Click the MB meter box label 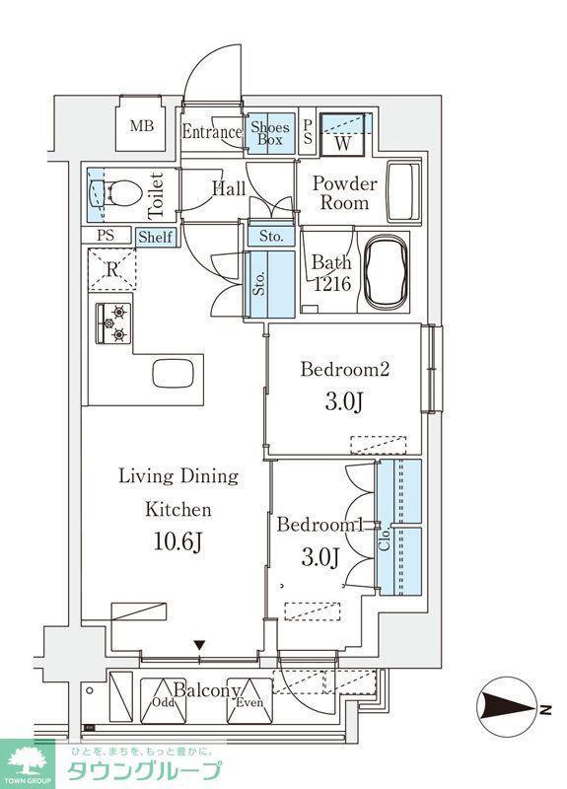click(x=142, y=126)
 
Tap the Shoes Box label click(x=270, y=133)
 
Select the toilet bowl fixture click(x=114, y=193)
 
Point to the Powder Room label click(x=344, y=193)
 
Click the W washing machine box click(x=343, y=133)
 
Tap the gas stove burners click(x=113, y=323)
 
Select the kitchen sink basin click(x=174, y=374)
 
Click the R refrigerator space click(x=111, y=269)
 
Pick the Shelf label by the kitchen click(x=156, y=237)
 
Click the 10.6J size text click(x=178, y=541)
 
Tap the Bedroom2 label click(x=345, y=370)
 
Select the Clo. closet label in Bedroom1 click(x=385, y=539)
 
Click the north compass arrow click(x=508, y=710)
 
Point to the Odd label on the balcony click(x=163, y=702)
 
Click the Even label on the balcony click(x=250, y=702)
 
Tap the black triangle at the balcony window click(x=200, y=645)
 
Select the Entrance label click(x=212, y=132)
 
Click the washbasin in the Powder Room click(x=403, y=191)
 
